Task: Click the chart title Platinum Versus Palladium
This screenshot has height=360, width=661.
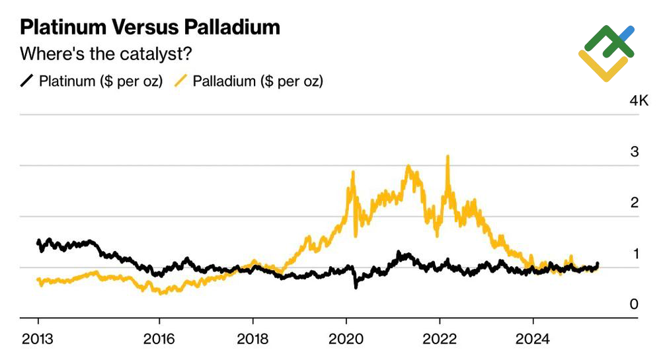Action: point(150,27)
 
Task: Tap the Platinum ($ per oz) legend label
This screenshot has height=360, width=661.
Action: point(100,81)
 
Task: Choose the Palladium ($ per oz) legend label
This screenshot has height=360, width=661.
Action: point(258,81)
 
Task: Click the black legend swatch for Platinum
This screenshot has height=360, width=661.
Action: point(27,81)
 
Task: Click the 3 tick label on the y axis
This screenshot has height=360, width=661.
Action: point(634,152)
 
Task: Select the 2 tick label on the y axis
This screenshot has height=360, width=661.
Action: point(634,203)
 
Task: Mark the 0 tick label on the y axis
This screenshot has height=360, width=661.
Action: point(634,305)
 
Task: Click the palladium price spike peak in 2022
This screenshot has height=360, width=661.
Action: point(448,157)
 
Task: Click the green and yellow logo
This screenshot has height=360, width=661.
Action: point(606,53)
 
